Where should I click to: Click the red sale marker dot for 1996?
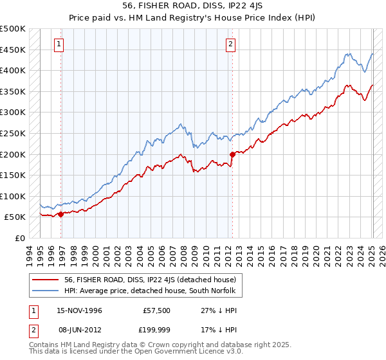(61, 214)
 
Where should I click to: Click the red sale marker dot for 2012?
(232, 154)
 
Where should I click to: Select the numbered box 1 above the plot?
(59, 44)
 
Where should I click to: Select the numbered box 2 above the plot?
(230, 44)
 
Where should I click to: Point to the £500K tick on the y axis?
(13, 29)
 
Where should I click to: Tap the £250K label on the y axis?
(13, 133)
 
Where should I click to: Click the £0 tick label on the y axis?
(20, 238)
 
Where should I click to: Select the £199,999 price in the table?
(156, 330)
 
